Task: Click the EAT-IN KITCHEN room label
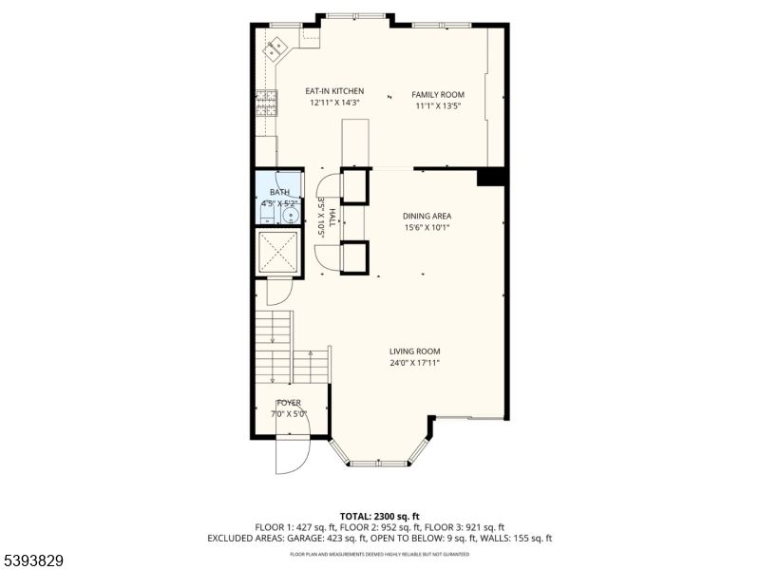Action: [334, 91]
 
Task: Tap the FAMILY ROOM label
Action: [437, 95]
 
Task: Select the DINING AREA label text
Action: [427, 216]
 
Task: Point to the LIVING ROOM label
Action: [414, 351]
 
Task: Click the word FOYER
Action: [289, 403]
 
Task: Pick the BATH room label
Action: [279, 192]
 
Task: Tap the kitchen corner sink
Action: [276, 45]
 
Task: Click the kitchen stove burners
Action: [265, 100]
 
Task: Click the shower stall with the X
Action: [279, 252]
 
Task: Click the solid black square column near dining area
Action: [490, 177]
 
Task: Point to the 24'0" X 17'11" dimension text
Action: [414, 362]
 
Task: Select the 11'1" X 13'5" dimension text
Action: [437, 106]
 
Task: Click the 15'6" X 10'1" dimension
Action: [427, 227]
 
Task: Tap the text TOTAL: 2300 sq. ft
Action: [379, 515]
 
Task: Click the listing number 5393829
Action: [33, 560]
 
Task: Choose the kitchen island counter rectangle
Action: [355, 142]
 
